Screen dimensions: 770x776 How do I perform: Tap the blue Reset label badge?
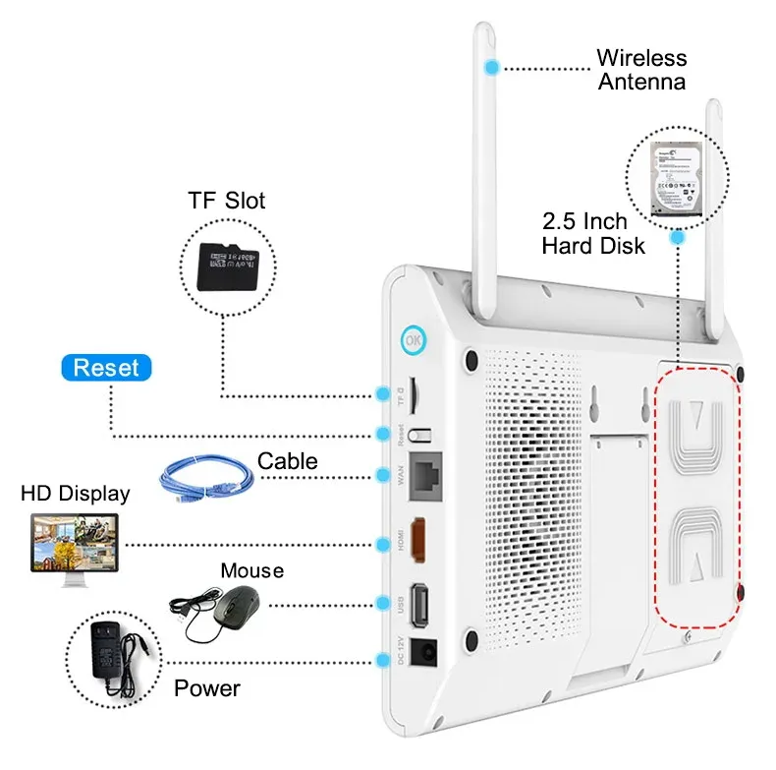pos(107,368)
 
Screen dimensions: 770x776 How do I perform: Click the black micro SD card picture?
pos(227,263)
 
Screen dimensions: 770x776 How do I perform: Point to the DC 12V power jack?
pos(424,652)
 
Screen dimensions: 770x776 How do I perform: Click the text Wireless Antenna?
pos(641,69)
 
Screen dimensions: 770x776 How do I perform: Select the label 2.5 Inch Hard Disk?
pos(593,232)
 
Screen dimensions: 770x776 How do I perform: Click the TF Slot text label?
pos(227,202)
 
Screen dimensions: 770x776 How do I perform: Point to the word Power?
pos(206,687)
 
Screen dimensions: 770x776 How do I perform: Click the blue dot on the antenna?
pos(492,67)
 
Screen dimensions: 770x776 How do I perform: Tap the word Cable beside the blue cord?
pos(287,460)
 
